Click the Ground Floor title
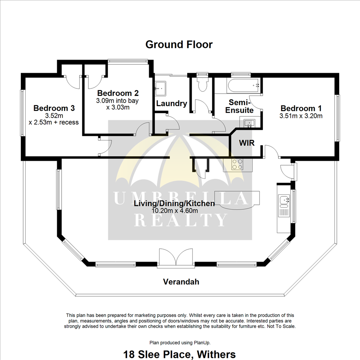(179, 44)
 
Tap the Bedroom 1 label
(301, 108)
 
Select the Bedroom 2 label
(118, 93)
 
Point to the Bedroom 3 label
(54, 108)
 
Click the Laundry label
(172, 104)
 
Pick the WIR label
(246, 143)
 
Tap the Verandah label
(181, 282)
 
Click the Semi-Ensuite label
(239, 106)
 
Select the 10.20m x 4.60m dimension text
(174, 211)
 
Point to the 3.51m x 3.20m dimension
(301, 116)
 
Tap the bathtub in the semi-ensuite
(243, 86)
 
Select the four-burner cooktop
(237, 164)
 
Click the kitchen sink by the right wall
(284, 206)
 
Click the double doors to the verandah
(176, 258)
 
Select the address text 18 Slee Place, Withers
(180, 354)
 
